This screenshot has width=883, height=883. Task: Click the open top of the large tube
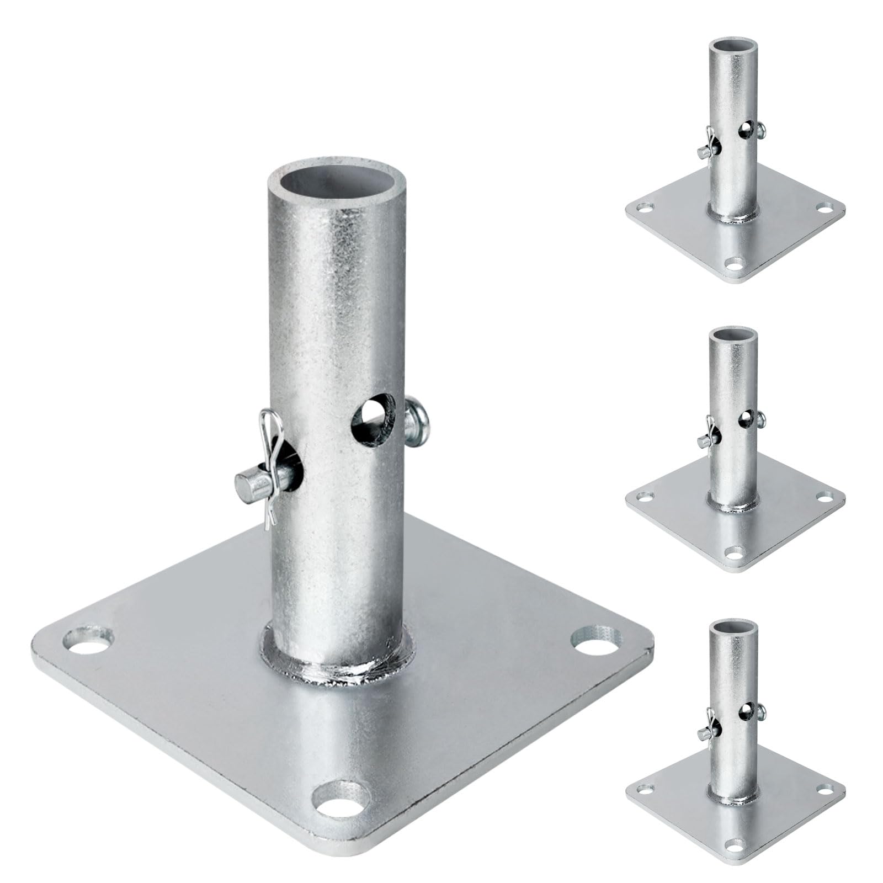pos(338,191)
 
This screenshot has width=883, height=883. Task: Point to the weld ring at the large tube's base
pos(338,667)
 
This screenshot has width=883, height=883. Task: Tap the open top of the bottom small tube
pos(732,626)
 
